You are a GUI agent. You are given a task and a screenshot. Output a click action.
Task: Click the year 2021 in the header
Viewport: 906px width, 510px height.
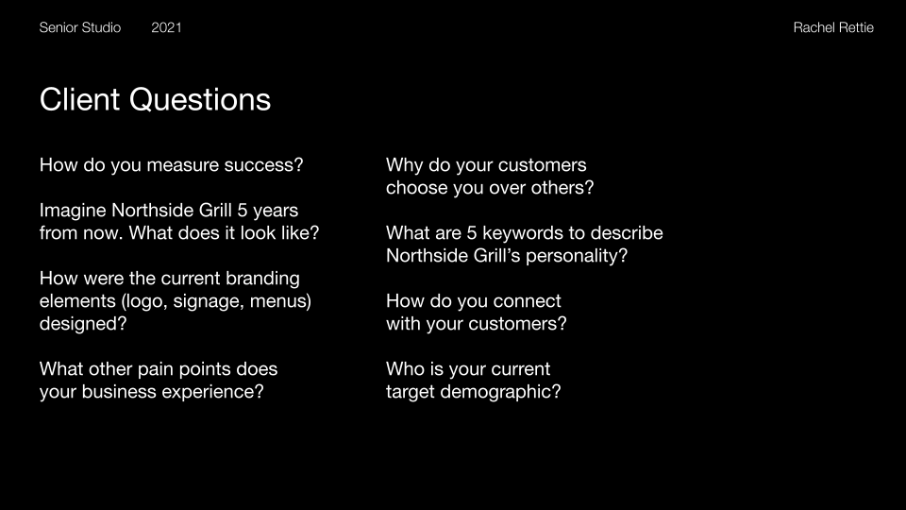166,27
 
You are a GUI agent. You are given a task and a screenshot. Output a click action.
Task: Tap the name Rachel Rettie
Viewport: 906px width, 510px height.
833,27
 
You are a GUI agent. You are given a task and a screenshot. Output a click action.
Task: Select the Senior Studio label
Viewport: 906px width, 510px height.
79,27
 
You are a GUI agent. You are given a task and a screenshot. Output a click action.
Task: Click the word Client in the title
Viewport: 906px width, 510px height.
79,99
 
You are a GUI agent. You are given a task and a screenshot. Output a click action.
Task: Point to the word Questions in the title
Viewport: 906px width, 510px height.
200,99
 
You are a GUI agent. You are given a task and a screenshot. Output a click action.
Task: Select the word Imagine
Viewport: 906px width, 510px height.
73,211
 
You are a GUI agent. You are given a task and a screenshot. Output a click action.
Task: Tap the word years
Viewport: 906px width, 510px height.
276,211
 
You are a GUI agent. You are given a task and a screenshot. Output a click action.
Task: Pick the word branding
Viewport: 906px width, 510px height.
262,279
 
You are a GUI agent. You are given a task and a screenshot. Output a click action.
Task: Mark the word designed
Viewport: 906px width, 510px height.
78,324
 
